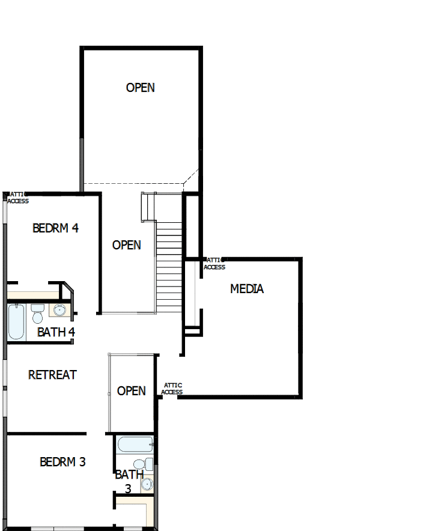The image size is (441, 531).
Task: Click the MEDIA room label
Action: pyautogui.click(x=247, y=289)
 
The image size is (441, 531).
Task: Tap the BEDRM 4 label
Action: pyautogui.click(x=56, y=228)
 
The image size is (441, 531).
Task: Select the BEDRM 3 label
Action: pyautogui.click(x=62, y=462)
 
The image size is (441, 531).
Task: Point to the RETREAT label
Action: pyautogui.click(x=53, y=375)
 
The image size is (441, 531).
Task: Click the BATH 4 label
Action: pyautogui.click(x=56, y=332)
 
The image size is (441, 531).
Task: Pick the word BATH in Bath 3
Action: pyautogui.click(x=129, y=475)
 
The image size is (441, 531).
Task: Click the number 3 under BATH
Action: pyautogui.click(x=128, y=488)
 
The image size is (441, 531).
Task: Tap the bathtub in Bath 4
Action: pyautogui.click(x=17, y=323)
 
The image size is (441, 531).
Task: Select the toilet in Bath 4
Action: pyautogui.click(x=37, y=314)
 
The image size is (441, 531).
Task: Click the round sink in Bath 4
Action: pyautogui.click(x=59, y=311)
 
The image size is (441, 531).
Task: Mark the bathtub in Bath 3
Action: pyautogui.click(x=135, y=445)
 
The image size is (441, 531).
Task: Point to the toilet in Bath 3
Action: pyautogui.click(x=139, y=464)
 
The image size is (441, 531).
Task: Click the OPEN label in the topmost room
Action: pyautogui.click(x=140, y=88)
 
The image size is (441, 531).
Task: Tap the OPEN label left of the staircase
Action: pyautogui.click(x=127, y=245)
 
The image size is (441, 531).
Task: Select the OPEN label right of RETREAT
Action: pyautogui.click(x=132, y=391)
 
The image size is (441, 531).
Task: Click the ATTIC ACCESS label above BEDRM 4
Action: pyautogui.click(x=17, y=198)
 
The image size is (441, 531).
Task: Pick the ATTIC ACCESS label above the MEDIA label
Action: pyautogui.click(x=214, y=264)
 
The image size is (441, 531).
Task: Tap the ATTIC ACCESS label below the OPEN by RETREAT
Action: pyautogui.click(x=172, y=389)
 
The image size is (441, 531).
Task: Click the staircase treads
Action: pyautogui.click(x=169, y=264)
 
